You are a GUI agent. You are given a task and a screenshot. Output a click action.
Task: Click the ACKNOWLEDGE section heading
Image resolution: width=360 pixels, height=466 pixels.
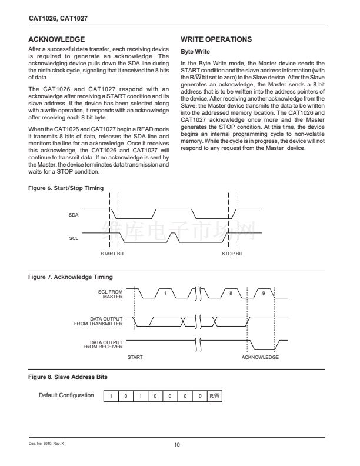coord(56,39)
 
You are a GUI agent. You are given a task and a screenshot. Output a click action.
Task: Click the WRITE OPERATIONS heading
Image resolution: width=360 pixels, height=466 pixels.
coord(216,39)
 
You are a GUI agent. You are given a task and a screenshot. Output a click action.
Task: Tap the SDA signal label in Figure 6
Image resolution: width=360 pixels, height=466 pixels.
coord(74,215)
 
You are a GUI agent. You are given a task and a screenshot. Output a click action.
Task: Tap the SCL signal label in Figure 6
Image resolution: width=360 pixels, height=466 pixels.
coord(74,239)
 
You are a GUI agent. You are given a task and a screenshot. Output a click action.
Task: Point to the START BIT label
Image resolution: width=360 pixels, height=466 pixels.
coord(112,254)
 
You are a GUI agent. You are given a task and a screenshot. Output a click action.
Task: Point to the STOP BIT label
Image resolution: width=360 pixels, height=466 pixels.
coord(232,254)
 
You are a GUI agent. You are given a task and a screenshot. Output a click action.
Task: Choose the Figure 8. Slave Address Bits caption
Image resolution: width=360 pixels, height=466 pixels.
coord(68,376)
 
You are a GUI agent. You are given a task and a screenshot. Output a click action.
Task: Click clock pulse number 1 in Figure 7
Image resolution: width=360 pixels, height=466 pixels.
coord(165,293)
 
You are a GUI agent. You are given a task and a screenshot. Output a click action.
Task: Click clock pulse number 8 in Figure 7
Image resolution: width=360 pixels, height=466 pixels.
coord(231,293)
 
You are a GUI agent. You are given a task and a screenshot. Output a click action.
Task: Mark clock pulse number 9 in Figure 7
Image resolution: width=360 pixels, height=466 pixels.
coord(264,293)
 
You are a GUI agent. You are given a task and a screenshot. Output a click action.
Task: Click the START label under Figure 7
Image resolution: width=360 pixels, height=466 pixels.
coord(135,357)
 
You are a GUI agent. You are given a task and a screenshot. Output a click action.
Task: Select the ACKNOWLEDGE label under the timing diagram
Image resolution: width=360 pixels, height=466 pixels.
coord(260,357)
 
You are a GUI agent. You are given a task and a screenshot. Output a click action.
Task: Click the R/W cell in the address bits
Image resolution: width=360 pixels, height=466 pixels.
coord(215,396)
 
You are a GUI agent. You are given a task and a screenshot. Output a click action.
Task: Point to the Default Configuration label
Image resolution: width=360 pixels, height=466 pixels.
coord(66,395)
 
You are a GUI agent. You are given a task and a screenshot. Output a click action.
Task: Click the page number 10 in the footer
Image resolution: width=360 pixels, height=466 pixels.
coord(177,444)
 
